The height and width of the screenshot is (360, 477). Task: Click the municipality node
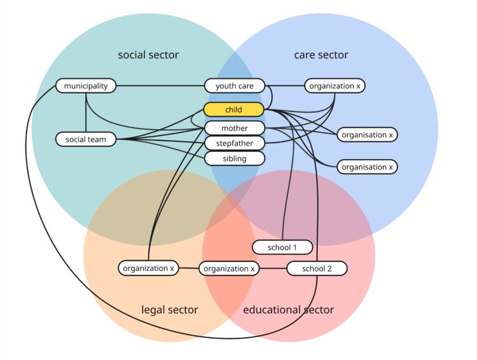pyautogui.click(x=86, y=85)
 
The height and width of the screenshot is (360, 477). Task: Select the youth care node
pyautogui.click(x=234, y=86)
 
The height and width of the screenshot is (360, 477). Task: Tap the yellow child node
pyautogui.click(x=233, y=109)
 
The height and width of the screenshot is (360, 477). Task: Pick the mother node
pyautogui.click(x=234, y=128)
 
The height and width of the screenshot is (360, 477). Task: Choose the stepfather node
pyautogui.click(x=234, y=143)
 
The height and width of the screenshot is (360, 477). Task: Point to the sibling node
pyautogui.click(x=234, y=158)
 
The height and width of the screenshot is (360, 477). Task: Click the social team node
pyautogui.click(x=86, y=139)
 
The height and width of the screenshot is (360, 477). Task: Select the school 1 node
pyautogui.click(x=282, y=246)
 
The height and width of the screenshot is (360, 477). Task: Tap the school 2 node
pyautogui.click(x=317, y=268)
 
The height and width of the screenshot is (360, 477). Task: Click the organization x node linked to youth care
pyautogui.click(x=335, y=86)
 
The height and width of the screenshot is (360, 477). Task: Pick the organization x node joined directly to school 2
pyautogui.click(x=230, y=268)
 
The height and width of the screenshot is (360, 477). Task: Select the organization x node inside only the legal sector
pyautogui.click(x=148, y=268)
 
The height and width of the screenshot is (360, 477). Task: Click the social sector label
pyautogui.click(x=148, y=55)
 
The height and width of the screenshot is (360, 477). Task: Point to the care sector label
pyautogui.click(x=321, y=55)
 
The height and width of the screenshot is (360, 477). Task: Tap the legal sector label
pyautogui.click(x=169, y=310)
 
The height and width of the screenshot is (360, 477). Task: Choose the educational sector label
pyautogui.click(x=288, y=310)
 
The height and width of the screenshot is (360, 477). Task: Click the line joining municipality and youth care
pyautogui.click(x=159, y=85)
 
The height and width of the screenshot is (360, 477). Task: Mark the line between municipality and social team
pyautogui.click(x=85, y=112)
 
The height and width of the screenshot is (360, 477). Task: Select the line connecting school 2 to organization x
pyautogui.click(x=273, y=268)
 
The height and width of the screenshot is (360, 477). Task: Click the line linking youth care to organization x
pyautogui.click(x=285, y=85)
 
